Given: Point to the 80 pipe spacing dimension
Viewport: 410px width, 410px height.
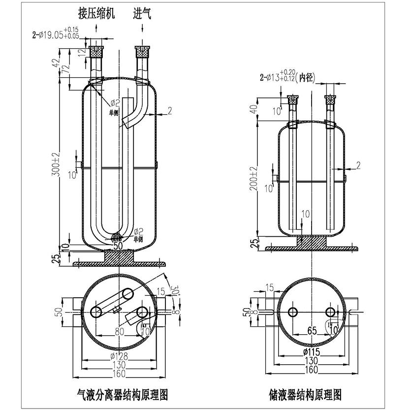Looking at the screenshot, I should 119,332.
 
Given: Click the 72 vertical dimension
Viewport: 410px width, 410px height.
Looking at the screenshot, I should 64,75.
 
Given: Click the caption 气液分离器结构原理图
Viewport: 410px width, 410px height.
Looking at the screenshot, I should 123,394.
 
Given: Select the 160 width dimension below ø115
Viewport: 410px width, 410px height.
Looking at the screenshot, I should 312,370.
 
